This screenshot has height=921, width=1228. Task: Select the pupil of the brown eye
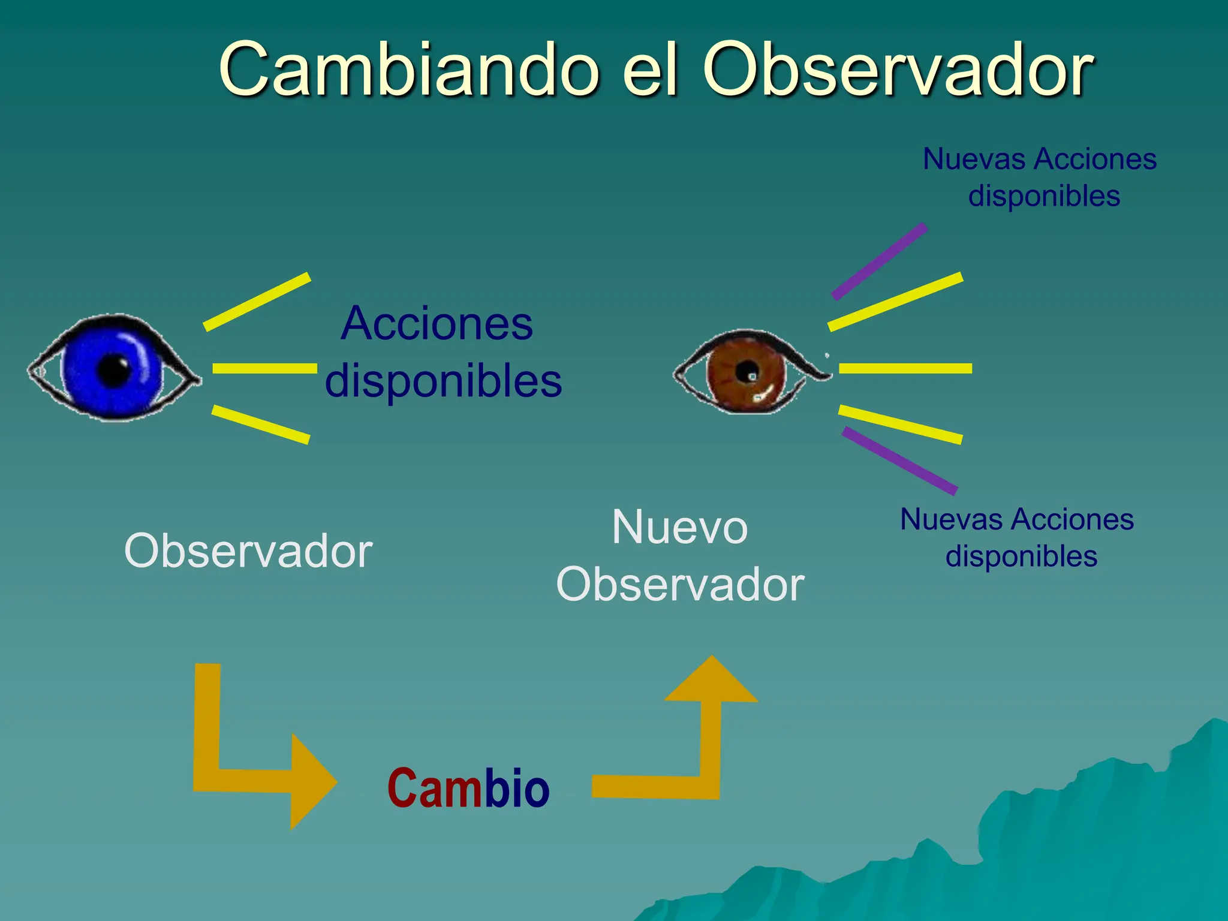coord(747,372)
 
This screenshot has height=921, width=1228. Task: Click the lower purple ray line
coord(899,460)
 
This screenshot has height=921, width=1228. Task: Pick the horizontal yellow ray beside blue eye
coord(264,368)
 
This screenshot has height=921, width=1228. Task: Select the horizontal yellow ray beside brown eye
coord(905,368)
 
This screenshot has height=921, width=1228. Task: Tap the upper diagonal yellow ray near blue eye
coord(257,302)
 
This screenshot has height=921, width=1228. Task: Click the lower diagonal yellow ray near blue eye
coord(260,425)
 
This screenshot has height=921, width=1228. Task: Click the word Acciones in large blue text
coord(437,324)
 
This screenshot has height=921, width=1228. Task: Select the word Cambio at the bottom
coord(468,788)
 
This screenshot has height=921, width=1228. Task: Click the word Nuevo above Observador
coord(680,528)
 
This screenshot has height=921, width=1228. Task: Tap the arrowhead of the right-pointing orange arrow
coord(312,782)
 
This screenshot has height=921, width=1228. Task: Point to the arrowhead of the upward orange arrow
coord(712,681)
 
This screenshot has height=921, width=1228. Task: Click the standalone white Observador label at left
coord(248,551)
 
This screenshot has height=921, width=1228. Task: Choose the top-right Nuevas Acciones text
coord(1040,159)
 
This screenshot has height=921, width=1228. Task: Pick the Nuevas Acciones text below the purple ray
coord(1017,519)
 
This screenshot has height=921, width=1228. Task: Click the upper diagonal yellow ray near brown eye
coord(895,302)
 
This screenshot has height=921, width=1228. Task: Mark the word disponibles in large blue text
coord(444,381)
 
